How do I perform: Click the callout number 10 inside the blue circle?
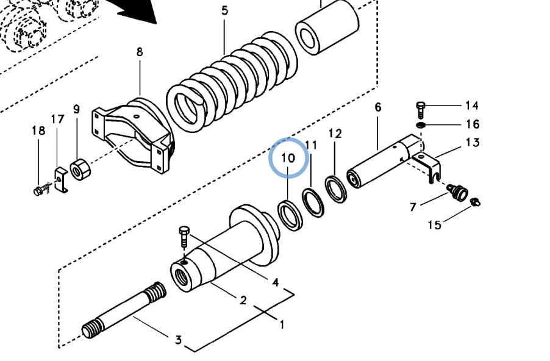point(288,158)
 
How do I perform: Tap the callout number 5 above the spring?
point(224,10)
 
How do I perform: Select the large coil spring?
point(232,82)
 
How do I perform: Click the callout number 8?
point(140,52)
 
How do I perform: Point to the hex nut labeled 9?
point(80,169)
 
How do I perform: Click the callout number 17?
point(58,120)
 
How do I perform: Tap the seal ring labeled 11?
point(313,203)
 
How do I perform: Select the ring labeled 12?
point(336,189)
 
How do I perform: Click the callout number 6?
point(378,107)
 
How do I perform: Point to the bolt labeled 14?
point(421,110)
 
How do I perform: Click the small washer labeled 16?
point(421,125)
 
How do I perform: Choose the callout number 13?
point(473,143)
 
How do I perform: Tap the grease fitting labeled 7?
point(457,193)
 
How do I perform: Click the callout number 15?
point(435,224)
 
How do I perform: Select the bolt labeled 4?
point(184,237)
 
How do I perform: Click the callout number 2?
point(243,300)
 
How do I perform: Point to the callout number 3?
point(179,340)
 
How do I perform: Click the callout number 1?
point(282,324)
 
